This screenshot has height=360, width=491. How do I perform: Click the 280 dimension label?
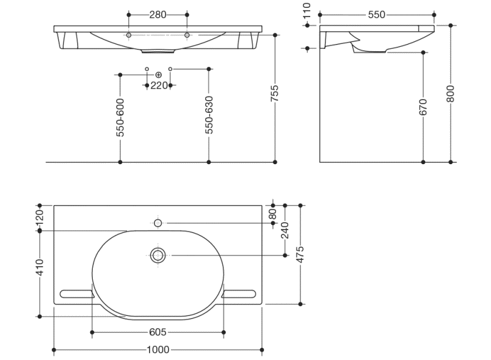pos(158,15)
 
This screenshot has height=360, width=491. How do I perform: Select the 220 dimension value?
pos(159,85)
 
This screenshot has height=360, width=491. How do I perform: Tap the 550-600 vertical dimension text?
pos(120,117)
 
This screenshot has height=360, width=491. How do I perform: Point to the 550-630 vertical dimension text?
pos(209,115)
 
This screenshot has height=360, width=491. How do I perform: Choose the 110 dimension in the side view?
pos(307,10)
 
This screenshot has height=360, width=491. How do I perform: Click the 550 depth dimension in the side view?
pos(377,15)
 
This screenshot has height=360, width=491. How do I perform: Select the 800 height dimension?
pos(451,92)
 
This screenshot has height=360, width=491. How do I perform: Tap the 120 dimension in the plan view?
pos(40,217)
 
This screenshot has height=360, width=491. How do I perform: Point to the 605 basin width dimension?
pos(158,333)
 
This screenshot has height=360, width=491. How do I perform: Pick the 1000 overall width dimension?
pos(158,350)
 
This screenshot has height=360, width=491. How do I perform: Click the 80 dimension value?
pos(273,214)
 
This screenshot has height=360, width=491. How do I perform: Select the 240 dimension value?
pos(285,230)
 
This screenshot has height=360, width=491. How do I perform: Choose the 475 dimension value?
pos(300,253)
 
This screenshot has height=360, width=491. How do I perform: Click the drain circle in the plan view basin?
pos(158,255)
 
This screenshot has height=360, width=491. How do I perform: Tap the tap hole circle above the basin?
pos(158,223)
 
